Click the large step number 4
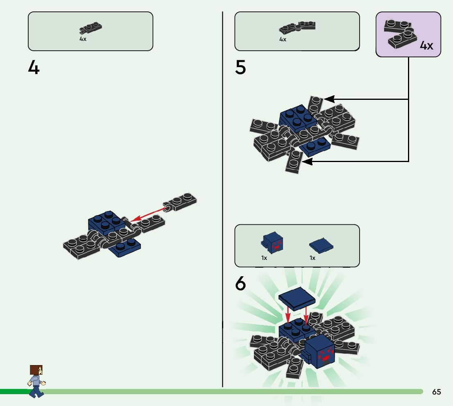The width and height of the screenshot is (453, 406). (34, 68)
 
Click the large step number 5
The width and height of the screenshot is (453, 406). (240, 68)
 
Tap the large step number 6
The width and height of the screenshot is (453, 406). (240, 284)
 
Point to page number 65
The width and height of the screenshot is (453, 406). (436, 392)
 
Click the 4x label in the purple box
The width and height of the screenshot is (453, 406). (426, 45)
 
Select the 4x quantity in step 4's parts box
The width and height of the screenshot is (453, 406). (83, 39)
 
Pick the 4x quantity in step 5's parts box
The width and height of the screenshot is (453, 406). (283, 39)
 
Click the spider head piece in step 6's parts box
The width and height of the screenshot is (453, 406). (272, 242)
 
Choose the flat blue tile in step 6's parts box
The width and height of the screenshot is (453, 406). (322, 245)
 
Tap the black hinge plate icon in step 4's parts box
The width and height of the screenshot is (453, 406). (91, 28)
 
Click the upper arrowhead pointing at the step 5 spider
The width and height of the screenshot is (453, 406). (329, 99)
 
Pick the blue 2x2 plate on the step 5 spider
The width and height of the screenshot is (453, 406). (297, 115)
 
